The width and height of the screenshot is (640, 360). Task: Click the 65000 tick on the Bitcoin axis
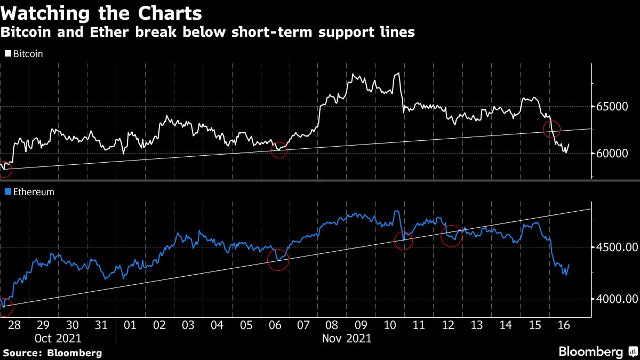coord(612,107)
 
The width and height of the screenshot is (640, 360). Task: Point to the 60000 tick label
coord(612,154)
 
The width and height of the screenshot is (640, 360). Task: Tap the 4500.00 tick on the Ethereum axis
coord(616,247)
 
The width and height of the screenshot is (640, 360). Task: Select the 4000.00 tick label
coord(616,299)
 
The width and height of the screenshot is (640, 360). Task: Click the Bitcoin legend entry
coord(24,53)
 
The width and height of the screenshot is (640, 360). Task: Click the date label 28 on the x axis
coord(14,325)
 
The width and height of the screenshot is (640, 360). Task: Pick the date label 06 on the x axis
coord(275,325)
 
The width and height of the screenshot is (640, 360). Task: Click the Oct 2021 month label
coord(58,338)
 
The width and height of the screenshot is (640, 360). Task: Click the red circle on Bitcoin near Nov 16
coord(551,129)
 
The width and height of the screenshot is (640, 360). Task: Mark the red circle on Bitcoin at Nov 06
coord(279,150)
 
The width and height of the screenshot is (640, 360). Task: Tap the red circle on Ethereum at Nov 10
coord(403,241)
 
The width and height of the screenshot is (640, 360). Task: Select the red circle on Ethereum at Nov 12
coord(452,235)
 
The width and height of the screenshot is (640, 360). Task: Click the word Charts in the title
coord(166,12)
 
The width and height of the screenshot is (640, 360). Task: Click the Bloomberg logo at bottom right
coord(590,351)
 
